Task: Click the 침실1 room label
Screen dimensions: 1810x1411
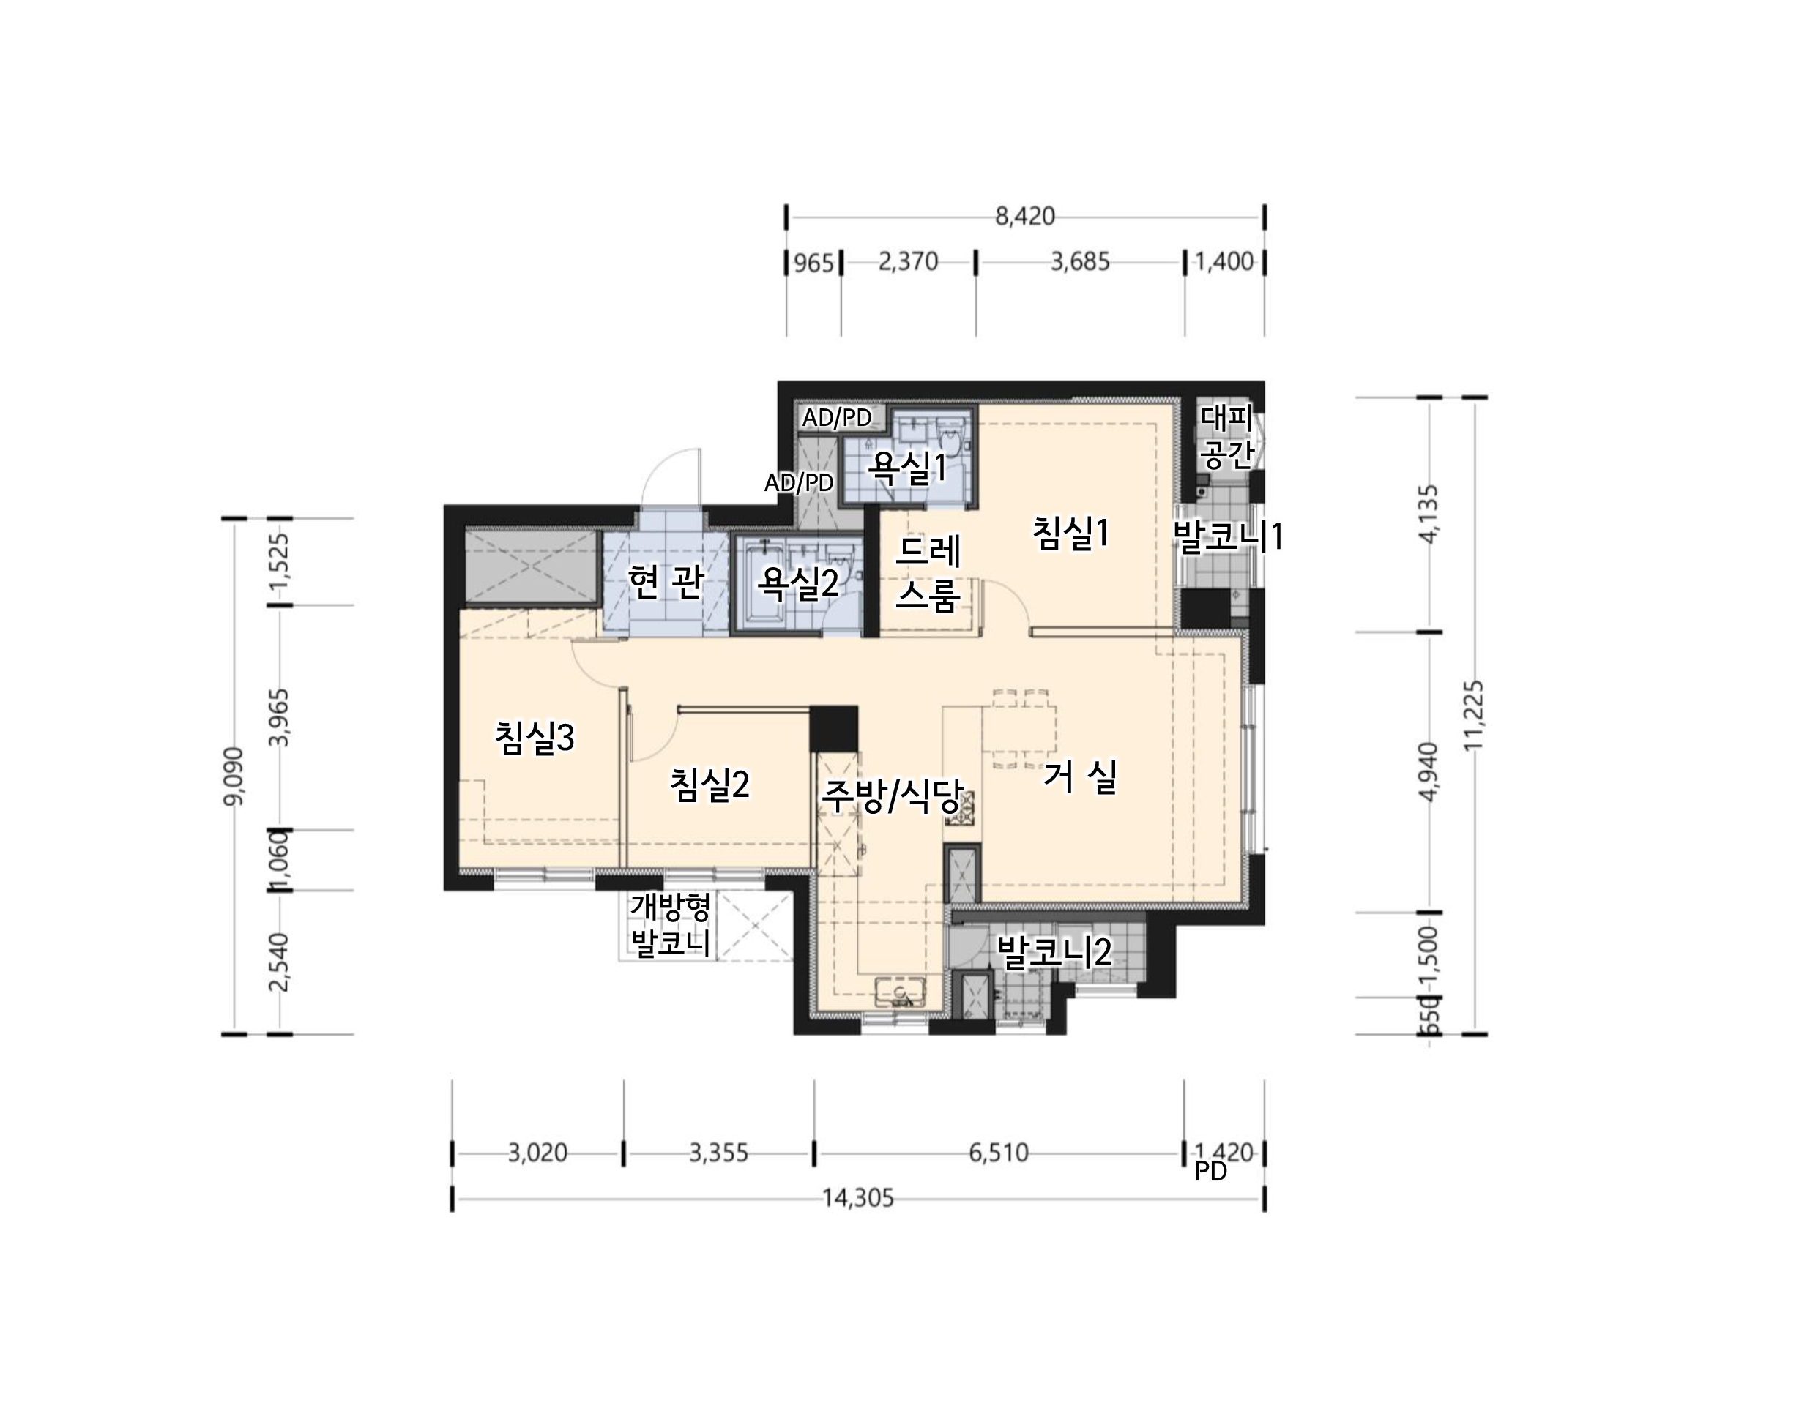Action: (x=1070, y=534)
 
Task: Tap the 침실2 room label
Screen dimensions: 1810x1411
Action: (x=710, y=785)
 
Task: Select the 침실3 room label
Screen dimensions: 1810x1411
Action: (x=535, y=738)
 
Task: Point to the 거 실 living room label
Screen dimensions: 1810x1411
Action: (x=1079, y=777)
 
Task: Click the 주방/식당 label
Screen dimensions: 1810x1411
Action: (x=892, y=797)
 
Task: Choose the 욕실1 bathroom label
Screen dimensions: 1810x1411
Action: (x=906, y=468)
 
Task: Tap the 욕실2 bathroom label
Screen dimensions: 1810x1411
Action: (x=798, y=583)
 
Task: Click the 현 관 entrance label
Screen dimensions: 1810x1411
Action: (x=666, y=582)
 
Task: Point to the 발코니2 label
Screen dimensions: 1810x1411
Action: (x=1054, y=952)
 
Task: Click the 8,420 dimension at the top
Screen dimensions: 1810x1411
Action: (x=1025, y=217)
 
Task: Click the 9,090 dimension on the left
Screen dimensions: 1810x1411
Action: (x=234, y=776)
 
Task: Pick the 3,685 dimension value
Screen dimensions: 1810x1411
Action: (x=1080, y=262)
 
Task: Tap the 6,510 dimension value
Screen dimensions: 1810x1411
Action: (x=999, y=1153)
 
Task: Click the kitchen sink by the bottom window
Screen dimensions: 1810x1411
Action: (x=900, y=992)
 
